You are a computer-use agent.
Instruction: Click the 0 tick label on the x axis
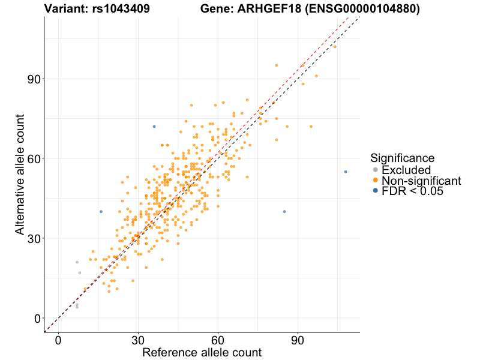click(x=58, y=340)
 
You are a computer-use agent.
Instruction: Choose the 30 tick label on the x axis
click(x=138, y=340)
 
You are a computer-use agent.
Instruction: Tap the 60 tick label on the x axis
click(x=218, y=340)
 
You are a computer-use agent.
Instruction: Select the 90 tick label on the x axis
click(x=298, y=340)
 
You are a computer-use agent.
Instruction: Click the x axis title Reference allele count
click(x=202, y=352)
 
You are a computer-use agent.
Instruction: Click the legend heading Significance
click(x=402, y=158)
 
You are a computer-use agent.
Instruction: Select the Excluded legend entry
click(x=406, y=170)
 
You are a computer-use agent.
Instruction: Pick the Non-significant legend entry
click(x=421, y=181)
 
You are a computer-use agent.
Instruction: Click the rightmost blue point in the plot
click(x=346, y=172)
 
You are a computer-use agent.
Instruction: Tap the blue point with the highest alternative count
click(x=154, y=127)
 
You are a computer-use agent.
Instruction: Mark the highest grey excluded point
click(x=77, y=262)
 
